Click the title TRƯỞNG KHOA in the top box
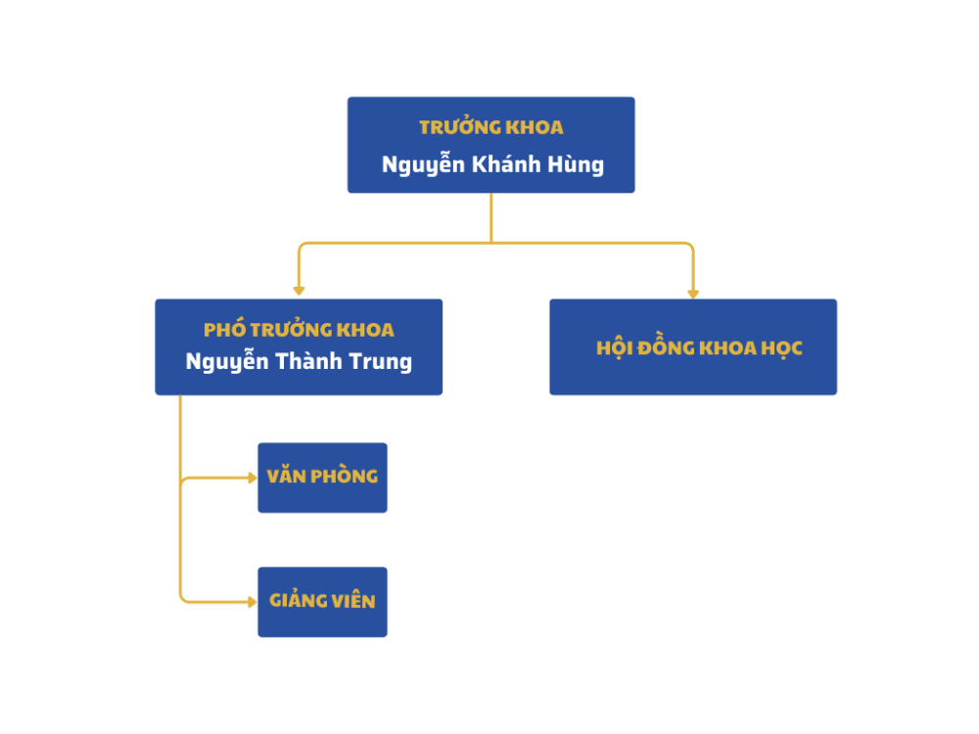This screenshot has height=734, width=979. [490, 127]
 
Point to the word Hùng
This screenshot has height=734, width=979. [577, 163]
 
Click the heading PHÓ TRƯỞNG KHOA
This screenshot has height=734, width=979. [299, 330]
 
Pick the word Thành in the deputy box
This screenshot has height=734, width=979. [313, 361]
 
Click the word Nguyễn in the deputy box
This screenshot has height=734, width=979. [227, 361]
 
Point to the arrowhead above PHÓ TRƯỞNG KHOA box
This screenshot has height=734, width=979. [299, 291]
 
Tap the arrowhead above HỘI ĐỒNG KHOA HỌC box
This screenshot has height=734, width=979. [693, 293]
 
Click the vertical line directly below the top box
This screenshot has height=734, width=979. [490, 217]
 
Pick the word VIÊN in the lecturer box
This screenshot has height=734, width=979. [353, 601]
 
